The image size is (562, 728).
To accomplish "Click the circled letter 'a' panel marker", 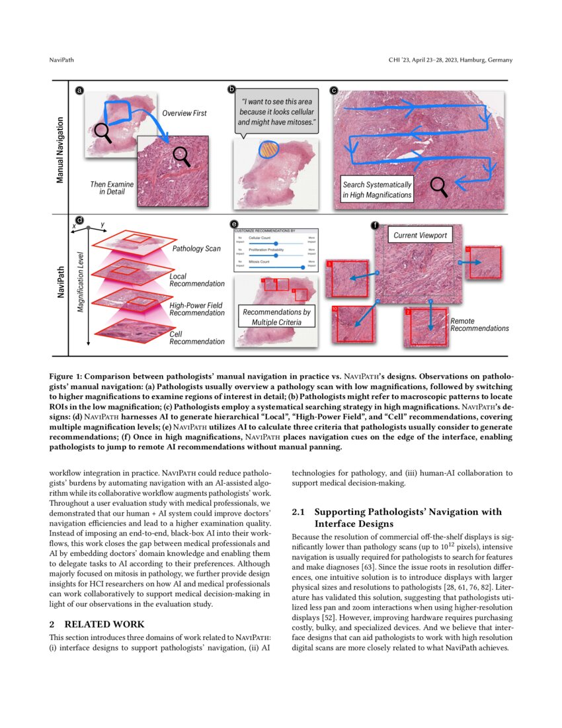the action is (80, 90).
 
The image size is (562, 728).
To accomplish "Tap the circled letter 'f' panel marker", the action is (375, 226).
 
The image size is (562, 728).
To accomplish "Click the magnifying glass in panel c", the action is (438, 186).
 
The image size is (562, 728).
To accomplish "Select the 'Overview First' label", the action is (184, 113).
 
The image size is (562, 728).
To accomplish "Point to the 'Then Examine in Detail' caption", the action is (107, 187).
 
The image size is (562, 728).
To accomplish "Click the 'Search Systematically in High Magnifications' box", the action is (377, 190).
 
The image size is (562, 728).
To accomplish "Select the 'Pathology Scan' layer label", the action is (196, 249).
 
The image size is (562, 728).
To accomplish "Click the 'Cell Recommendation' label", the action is (196, 338).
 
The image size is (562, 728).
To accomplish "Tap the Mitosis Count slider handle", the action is (303, 267).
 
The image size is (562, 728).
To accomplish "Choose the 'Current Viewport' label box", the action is (421, 236).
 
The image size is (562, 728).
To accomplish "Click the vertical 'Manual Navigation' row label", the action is (60, 150).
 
